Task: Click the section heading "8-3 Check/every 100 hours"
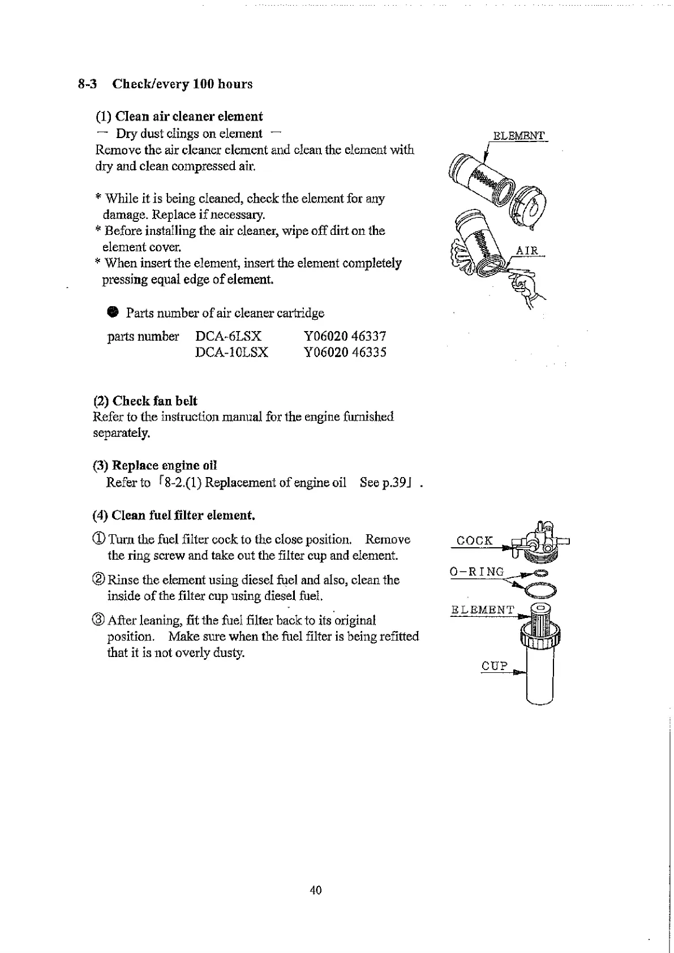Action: click(165, 84)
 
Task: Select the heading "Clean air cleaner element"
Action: click(188, 117)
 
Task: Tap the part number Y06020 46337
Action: click(345, 336)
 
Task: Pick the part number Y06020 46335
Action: click(345, 353)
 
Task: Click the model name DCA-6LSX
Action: click(228, 336)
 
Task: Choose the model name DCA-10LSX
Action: click(231, 353)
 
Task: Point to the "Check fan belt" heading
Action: click(154, 401)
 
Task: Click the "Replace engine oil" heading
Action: click(164, 466)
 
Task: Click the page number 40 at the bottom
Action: click(316, 890)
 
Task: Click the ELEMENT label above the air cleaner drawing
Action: click(518, 136)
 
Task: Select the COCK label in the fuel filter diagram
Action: click(474, 540)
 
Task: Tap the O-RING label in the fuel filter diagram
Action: click(476, 572)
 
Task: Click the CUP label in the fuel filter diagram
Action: click(495, 666)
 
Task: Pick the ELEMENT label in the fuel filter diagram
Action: click(482, 610)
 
